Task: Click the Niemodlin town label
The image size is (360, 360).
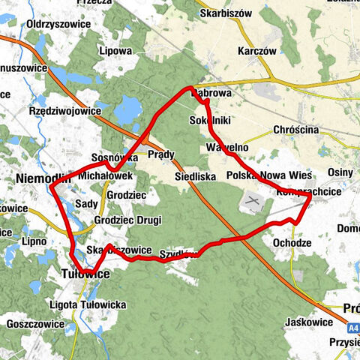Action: point(42,178)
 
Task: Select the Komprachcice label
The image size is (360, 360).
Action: point(309,192)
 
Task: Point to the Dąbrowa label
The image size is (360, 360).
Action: point(211,94)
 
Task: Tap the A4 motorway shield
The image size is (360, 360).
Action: point(353,328)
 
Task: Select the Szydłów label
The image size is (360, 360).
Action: point(179,253)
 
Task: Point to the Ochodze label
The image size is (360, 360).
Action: point(292,243)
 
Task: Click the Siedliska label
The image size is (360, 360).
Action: point(194,177)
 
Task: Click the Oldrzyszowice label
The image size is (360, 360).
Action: point(58,24)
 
